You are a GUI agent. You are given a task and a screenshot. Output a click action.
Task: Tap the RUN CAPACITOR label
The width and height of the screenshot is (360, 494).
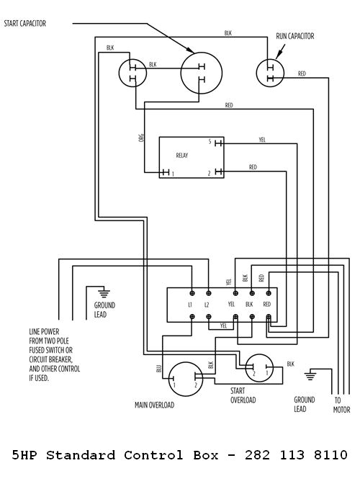click(x=294, y=35)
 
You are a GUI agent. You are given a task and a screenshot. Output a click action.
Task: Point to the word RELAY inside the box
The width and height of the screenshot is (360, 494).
click(x=182, y=155)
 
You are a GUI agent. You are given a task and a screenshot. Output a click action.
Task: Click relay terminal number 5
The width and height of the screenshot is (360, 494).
click(x=210, y=142)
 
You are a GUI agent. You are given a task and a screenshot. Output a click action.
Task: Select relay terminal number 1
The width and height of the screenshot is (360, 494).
click(x=173, y=174)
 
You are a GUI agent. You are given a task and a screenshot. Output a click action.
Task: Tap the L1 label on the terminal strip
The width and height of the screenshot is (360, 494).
click(x=191, y=305)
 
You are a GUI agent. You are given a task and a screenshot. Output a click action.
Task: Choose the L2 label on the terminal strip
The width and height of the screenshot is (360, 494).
click(x=207, y=305)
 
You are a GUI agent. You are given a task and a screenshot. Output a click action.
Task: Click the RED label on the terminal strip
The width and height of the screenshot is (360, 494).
click(x=268, y=305)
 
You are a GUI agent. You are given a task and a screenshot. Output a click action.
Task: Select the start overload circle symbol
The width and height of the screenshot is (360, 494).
click(x=260, y=370)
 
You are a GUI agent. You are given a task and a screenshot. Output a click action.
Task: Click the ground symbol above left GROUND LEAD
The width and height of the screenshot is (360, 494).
click(x=104, y=292)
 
